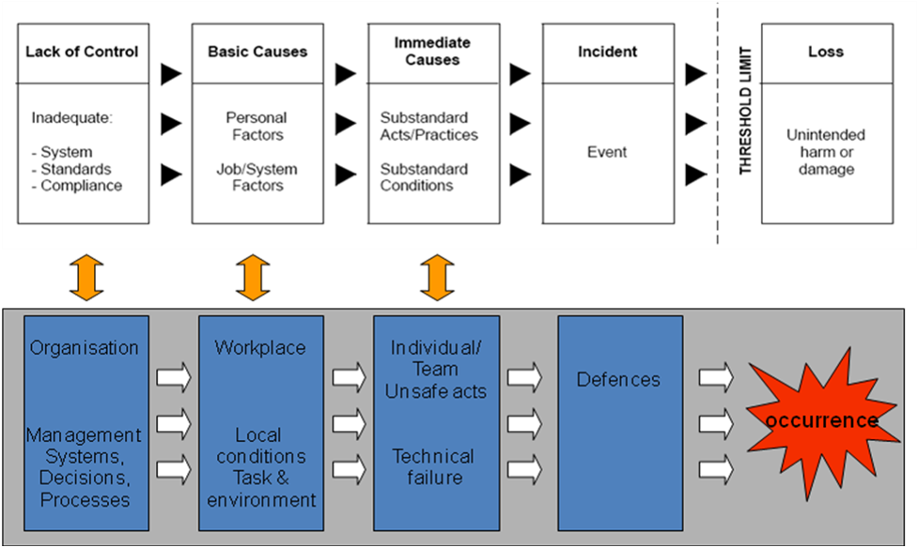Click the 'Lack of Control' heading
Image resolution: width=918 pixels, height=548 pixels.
coord(84,52)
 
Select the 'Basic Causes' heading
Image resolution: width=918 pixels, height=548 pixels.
coord(258,52)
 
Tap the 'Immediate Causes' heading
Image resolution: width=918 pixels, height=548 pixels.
coord(433,52)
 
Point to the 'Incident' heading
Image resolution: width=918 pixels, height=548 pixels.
coord(607,52)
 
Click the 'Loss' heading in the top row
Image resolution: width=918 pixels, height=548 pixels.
coord(826,52)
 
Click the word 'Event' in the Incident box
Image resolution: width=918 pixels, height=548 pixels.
coord(607,152)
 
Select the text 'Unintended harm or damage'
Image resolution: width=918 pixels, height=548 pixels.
coord(826,152)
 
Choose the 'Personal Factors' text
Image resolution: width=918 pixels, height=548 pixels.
coord(257,127)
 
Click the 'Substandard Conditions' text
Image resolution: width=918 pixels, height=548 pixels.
coord(424,177)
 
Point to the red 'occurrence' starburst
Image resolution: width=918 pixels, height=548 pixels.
coord(819,419)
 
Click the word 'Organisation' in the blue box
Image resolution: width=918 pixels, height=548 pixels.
coord(85,348)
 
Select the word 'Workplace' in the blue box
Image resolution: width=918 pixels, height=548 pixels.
coord(260,348)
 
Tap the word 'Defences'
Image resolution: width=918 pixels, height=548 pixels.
coord(618,380)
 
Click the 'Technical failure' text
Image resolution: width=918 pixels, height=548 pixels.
coord(433,466)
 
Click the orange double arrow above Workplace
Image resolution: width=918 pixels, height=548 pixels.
coord(254,278)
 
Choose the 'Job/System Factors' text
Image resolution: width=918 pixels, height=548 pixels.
coord(257,177)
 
